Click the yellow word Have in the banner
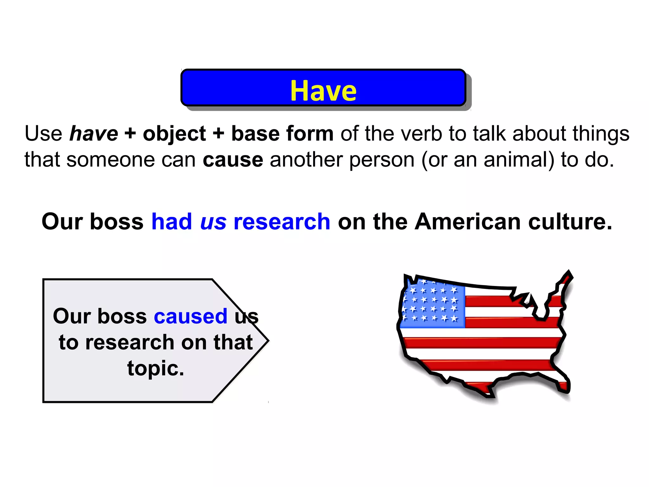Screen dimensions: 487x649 pyautogui.click(x=323, y=91)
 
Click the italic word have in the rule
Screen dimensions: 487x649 pyautogui.click(x=93, y=133)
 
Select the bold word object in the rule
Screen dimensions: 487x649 pyautogui.click(x=174, y=133)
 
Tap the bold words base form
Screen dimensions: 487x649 pyautogui.click(x=282, y=133)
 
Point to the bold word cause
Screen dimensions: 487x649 pyautogui.click(x=233, y=159)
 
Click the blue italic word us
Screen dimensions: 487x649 pyautogui.click(x=213, y=222)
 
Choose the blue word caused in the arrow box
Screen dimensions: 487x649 pyautogui.click(x=190, y=316)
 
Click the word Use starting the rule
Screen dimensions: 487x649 pyautogui.click(x=43, y=133)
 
